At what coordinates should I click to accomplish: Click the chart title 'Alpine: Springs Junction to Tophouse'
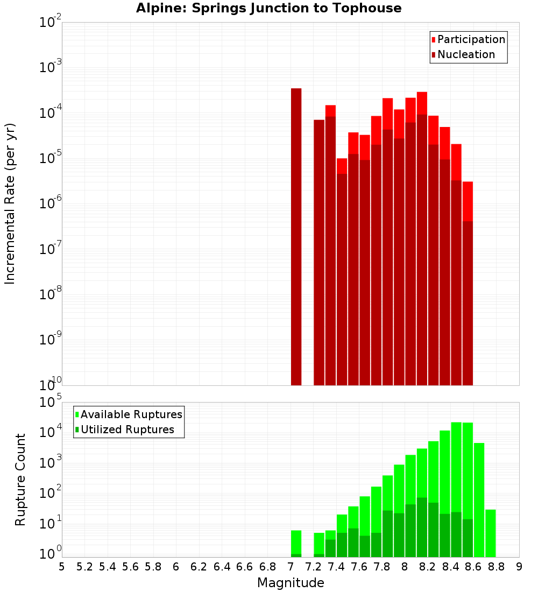268,8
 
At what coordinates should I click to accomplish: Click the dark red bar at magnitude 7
296,237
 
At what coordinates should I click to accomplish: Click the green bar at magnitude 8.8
491,533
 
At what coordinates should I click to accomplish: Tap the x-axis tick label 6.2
199,567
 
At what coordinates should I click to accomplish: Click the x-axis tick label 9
519,567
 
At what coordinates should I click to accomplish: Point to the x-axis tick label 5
62,567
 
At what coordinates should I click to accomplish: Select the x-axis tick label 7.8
382,567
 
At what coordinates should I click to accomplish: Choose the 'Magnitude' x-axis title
291,583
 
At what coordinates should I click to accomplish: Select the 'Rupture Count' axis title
20,479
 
